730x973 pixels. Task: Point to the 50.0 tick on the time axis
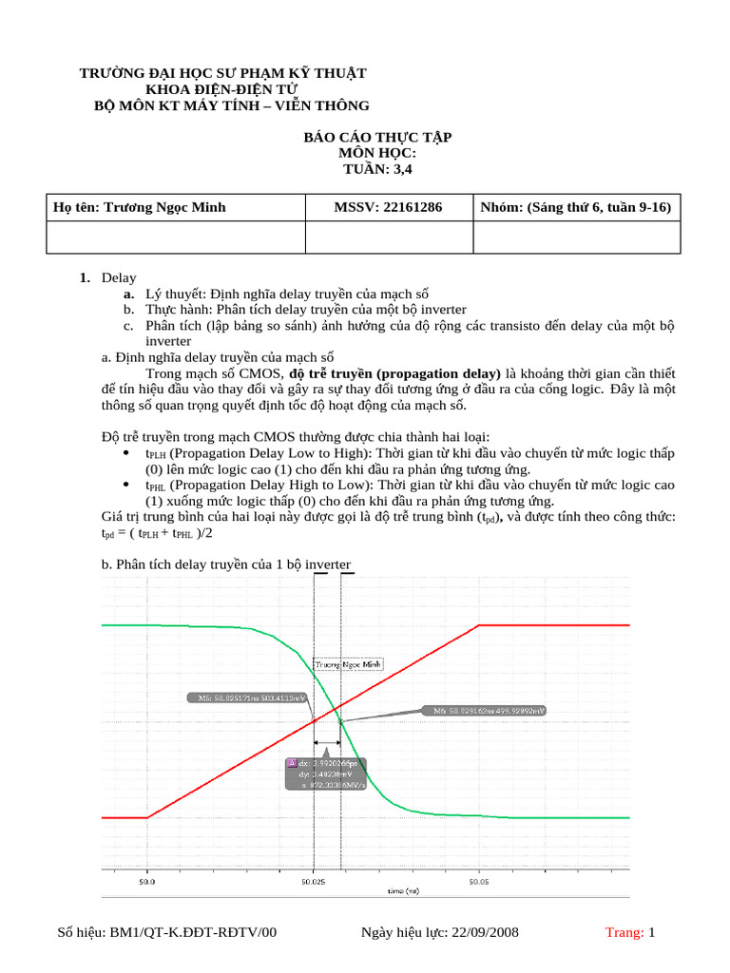pyautogui.click(x=147, y=882)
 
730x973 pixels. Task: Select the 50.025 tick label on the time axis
pyautogui.click(x=313, y=882)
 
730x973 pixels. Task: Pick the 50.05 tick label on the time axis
pyautogui.click(x=478, y=882)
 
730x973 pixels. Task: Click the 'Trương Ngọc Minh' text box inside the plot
pyautogui.click(x=349, y=664)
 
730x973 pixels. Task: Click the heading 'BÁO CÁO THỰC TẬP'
pyautogui.click(x=377, y=138)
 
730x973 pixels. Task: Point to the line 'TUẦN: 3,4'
pyautogui.click(x=377, y=170)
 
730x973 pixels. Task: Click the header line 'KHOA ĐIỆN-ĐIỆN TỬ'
pyautogui.click(x=221, y=89)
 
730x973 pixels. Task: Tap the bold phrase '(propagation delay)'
pyautogui.click(x=438, y=373)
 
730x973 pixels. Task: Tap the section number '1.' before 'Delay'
pyautogui.click(x=86, y=277)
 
